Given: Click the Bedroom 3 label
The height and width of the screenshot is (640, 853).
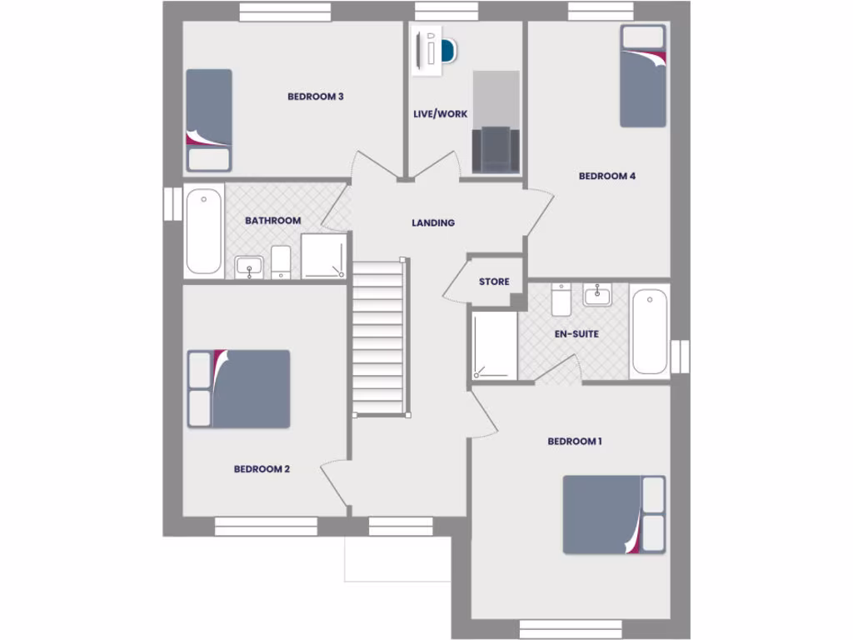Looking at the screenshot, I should [x=316, y=97].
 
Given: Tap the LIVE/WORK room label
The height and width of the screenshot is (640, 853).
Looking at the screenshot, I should [x=441, y=114].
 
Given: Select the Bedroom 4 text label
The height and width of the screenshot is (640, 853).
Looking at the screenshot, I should [x=607, y=176].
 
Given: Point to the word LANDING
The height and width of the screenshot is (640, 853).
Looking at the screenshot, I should [x=433, y=222].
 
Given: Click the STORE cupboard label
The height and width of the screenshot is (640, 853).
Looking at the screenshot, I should [x=494, y=282].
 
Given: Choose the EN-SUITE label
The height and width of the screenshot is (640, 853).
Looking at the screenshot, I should [x=576, y=334].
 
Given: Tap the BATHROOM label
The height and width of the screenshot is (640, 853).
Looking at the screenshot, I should [x=272, y=221].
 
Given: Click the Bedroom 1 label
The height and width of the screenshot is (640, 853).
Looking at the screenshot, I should [x=575, y=441].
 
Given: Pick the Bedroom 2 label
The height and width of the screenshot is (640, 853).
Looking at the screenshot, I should [x=262, y=469].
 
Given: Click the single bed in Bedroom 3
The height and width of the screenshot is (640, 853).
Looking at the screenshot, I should [x=208, y=119].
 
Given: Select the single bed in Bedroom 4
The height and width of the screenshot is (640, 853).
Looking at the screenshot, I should [x=642, y=76].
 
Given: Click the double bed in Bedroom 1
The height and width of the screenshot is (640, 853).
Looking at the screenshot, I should [x=614, y=514].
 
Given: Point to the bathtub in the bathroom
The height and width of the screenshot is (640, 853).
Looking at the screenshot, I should [x=203, y=231].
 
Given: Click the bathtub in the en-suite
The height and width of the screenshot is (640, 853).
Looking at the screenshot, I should [x=649, y=331].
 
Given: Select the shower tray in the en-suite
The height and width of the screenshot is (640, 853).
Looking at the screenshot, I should [x=495, y=345].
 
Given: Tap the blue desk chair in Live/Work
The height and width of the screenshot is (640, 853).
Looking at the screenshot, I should [x=448, y=52].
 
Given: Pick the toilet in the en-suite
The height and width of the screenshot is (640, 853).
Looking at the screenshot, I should [x=561, y=301].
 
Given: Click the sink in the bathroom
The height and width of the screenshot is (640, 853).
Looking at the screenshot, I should [x=248, y=267].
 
